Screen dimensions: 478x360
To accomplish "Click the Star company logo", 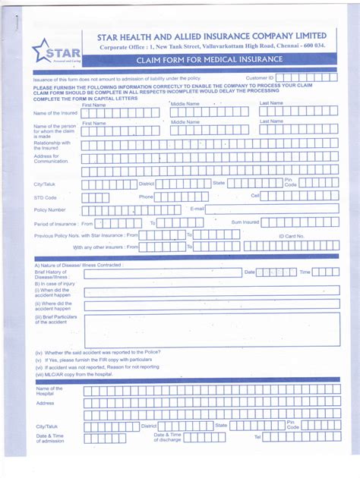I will click(54, 53).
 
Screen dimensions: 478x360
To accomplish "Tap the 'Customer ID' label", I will click(259, 78).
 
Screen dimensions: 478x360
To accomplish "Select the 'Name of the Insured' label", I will click(55, 113).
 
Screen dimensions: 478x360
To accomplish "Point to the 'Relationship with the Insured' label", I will click(52, 145).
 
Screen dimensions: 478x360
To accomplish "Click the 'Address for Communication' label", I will click(51, 159).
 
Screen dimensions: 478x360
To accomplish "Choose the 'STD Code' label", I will click(45, 197).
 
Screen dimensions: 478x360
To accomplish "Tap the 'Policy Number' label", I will click(49, 209).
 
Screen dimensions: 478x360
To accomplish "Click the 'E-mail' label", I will click(197, 208).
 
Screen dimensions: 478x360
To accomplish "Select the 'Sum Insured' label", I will click(245, 222).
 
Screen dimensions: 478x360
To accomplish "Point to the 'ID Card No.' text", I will click(291, 236).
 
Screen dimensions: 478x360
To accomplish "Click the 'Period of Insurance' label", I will click(55, 224).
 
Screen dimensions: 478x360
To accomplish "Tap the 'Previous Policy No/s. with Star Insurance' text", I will click(86, 235).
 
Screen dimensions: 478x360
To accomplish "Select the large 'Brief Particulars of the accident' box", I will click(212, 330).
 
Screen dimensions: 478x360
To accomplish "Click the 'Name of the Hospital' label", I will click(49, 391).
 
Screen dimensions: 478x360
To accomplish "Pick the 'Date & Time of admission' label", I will click(50, 439).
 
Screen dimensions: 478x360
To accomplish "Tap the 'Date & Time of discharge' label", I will click(167, 438).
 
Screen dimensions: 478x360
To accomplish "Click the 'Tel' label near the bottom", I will click(257, 437).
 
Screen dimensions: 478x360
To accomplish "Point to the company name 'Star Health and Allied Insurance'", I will click(212, 36).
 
